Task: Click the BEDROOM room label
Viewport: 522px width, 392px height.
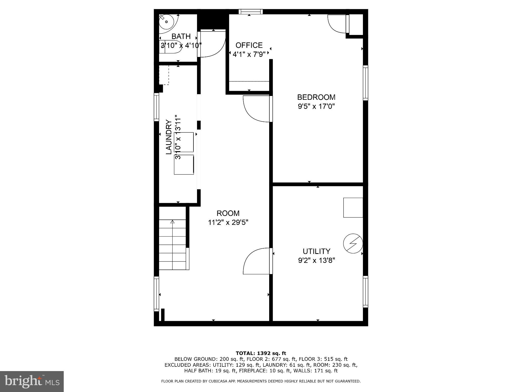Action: [x=316, y=97]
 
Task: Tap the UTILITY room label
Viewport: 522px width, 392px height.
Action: [x=316, y=251]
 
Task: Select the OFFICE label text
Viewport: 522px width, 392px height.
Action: [x=249, y=45]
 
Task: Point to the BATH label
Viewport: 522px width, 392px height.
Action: [x=181, y=36]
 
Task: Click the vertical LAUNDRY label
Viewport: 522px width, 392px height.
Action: [x=169, y=137]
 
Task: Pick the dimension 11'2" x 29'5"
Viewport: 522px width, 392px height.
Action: [x=228, y=223]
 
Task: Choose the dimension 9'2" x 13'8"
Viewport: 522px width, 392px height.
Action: [x=316, y=261]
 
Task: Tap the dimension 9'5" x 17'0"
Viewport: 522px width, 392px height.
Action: [x=316, y=106]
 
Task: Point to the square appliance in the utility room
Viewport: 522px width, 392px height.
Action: [x=353, y=207]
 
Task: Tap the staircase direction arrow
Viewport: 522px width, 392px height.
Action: [x=173, y=222]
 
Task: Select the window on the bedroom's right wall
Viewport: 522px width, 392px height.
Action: [x=366, y=83]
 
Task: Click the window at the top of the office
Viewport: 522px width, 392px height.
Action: [x=250, y=11]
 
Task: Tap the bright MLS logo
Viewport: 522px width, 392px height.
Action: [x=32, y=381]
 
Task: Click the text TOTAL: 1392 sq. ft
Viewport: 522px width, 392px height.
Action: [x=261, y=353]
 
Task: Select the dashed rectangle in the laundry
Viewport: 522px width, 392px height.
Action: [x=164, y=75]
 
